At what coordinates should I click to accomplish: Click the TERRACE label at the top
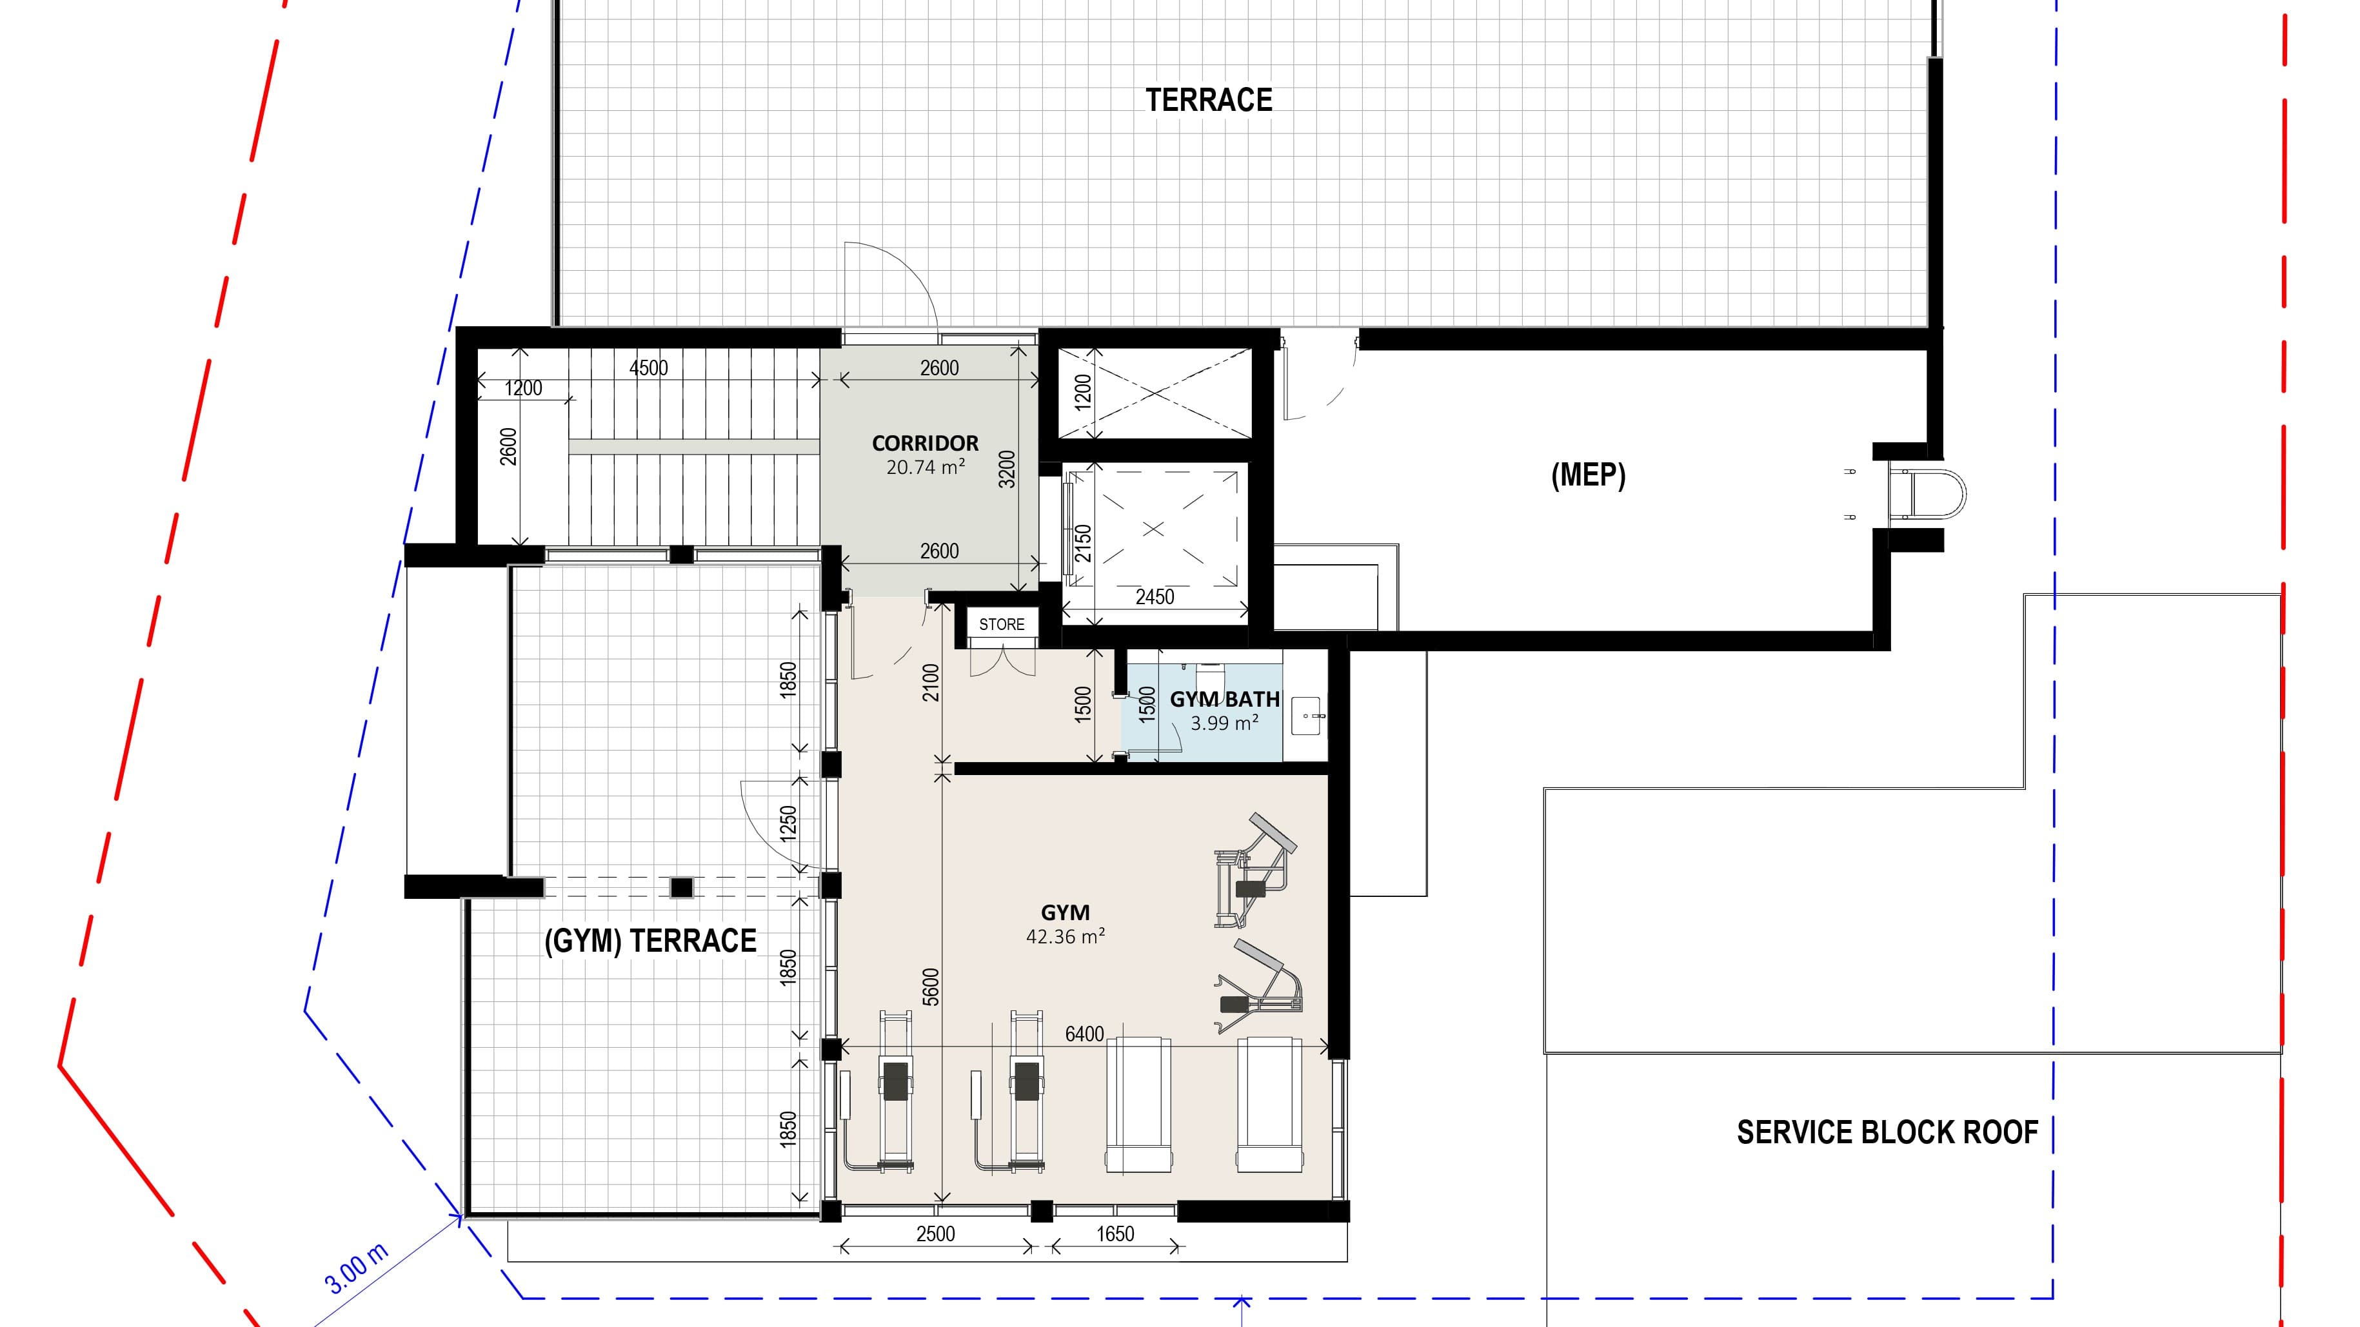point(1209,100)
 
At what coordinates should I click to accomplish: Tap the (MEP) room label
point(1588,475)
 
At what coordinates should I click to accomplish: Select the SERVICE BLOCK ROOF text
point(1887,1133)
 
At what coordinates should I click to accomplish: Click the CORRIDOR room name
point(924,443)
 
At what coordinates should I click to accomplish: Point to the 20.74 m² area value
point(924,467)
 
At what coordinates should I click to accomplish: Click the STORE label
point(1002,625)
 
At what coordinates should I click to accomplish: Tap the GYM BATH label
point(1224,700)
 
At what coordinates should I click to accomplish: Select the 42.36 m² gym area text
point(1065,937)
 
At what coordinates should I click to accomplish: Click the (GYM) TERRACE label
point(649,941)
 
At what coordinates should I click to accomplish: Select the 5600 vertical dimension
point(931,987)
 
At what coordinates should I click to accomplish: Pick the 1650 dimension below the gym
point(1115,1234)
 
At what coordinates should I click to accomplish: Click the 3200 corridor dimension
point(1007,469)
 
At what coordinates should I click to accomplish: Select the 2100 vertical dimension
point(931,682)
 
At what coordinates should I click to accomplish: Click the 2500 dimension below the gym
point(935,1234)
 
